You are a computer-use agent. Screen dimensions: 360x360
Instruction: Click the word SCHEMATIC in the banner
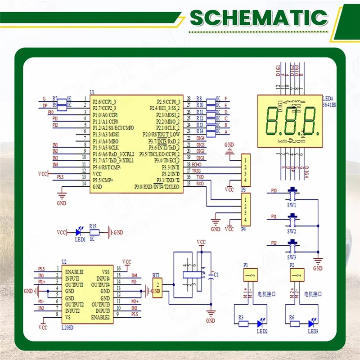tap(258, 18)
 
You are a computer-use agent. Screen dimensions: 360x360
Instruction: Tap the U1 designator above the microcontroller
tap(92, 92)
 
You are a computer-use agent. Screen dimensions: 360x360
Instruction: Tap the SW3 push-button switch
tap(293, 246)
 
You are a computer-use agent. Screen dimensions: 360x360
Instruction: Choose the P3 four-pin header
tap(245, 170)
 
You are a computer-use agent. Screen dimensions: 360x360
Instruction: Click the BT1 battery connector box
tap(157, 288)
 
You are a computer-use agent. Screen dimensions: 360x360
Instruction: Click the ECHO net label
tap(197, 164)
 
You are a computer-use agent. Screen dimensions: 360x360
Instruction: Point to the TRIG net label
tap(197, 171)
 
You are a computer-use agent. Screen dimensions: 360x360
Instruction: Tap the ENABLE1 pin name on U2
tap(74, 272)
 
